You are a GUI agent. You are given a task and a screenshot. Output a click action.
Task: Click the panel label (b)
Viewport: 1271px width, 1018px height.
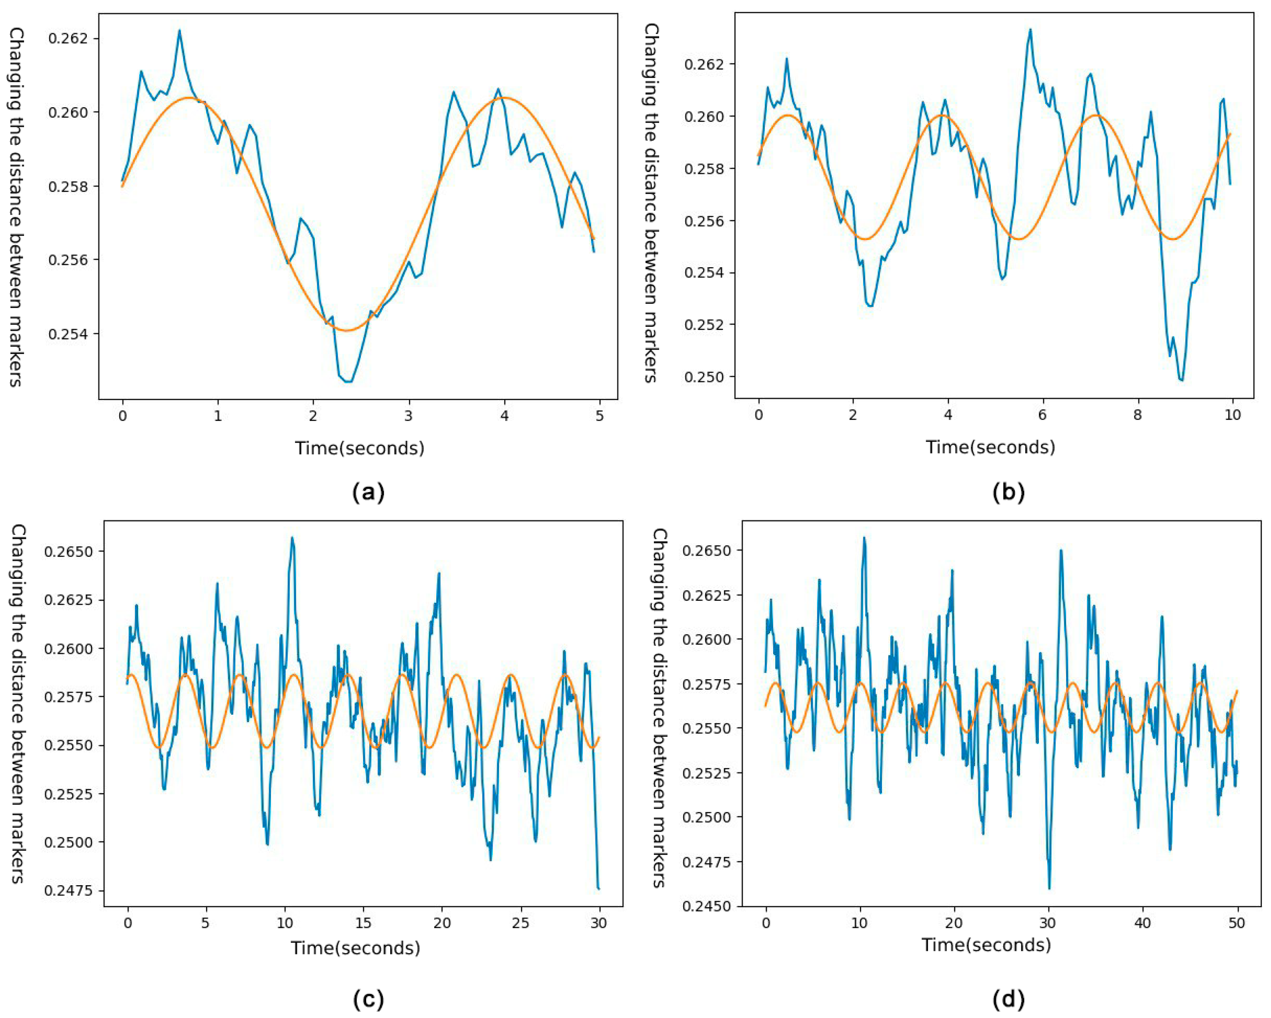pos(1008,492)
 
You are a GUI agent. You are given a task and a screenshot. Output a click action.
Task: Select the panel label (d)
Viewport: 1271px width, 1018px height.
pos(1008,998)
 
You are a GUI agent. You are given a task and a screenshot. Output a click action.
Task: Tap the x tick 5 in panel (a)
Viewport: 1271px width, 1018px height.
pos(599,415)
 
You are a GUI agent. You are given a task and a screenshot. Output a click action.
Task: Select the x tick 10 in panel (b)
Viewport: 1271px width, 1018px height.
pos(1232,415)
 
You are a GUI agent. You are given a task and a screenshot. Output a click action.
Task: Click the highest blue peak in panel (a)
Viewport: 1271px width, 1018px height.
pos(179,31)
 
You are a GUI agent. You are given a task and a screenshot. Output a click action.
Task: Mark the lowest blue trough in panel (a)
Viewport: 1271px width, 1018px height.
pos(349,382)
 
